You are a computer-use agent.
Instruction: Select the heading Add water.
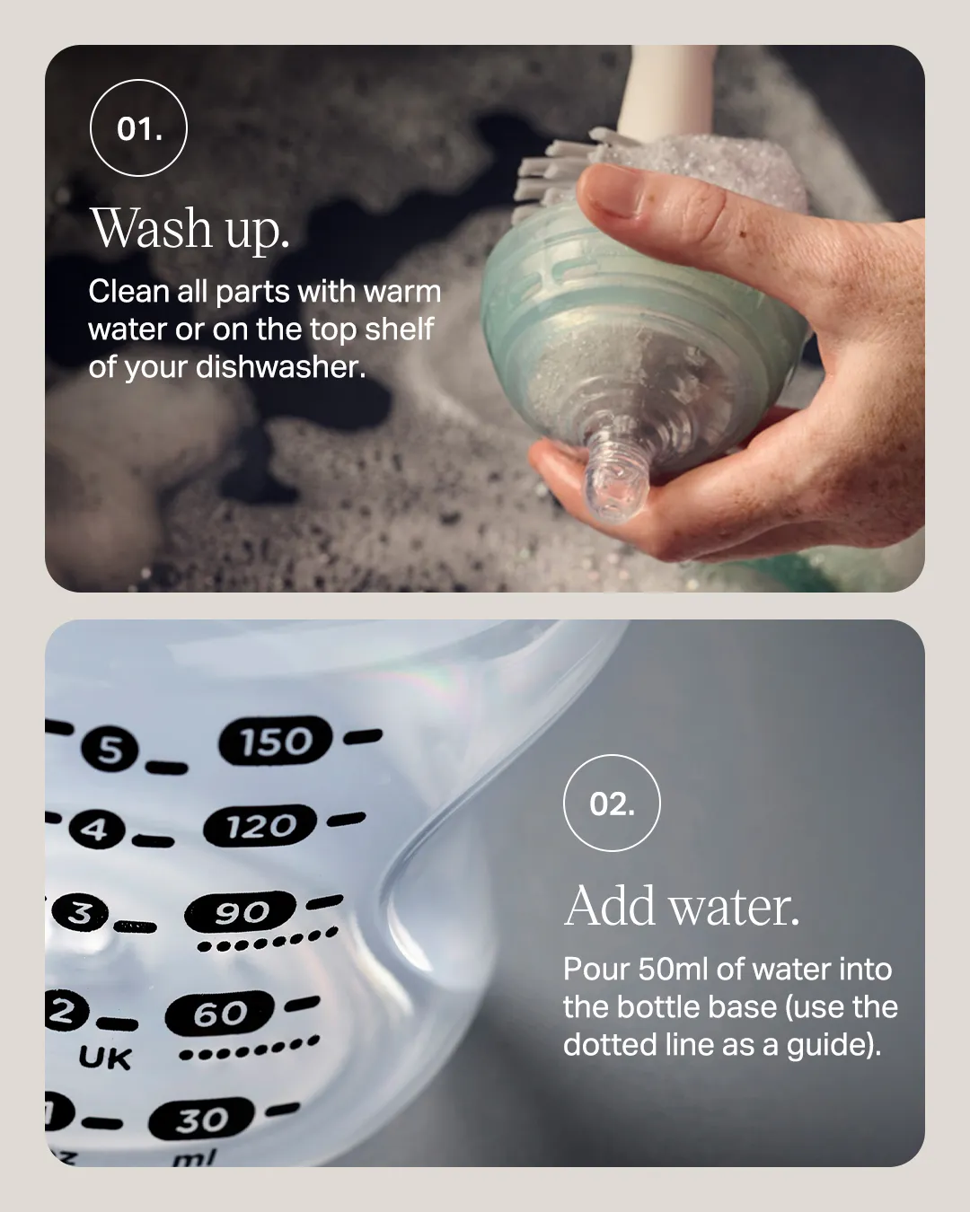[682, 906]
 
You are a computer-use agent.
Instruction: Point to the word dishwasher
[280, 367]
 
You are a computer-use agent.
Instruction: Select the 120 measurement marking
[260, 826]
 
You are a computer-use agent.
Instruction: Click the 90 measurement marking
[241, 912]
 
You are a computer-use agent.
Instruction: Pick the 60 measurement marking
[220, 1014]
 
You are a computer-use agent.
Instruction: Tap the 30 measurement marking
[201, 1120]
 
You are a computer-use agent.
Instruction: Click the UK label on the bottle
[105, 1057]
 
